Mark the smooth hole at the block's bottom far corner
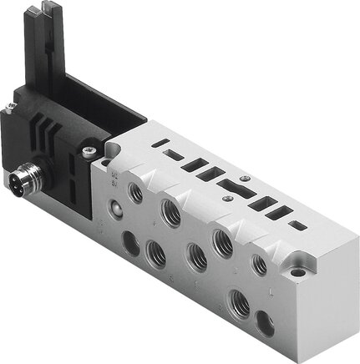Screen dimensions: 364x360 (x=266, y=319)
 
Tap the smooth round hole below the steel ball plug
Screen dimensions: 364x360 (x=130, y=243)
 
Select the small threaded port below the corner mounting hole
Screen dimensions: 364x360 (x=261, y=265)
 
